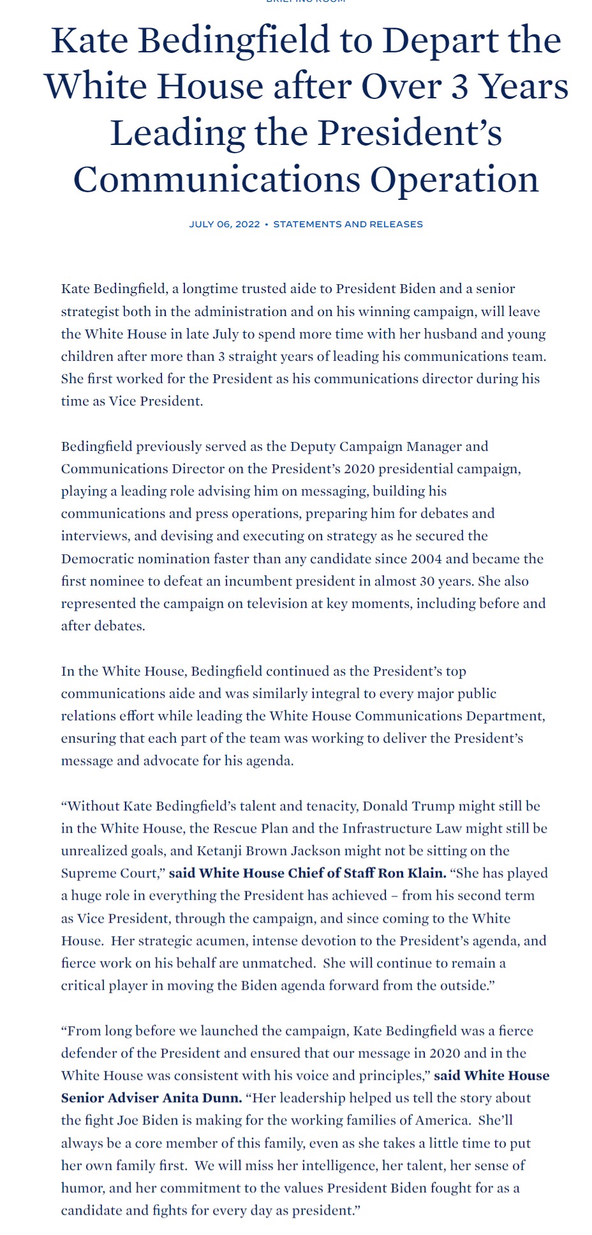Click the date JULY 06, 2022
(x=224, y=224)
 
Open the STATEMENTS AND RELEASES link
(x=348, y=224)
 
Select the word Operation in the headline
(x=454, y=179)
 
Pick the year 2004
(x=426, y=559)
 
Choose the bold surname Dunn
(x=224, y=1098)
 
